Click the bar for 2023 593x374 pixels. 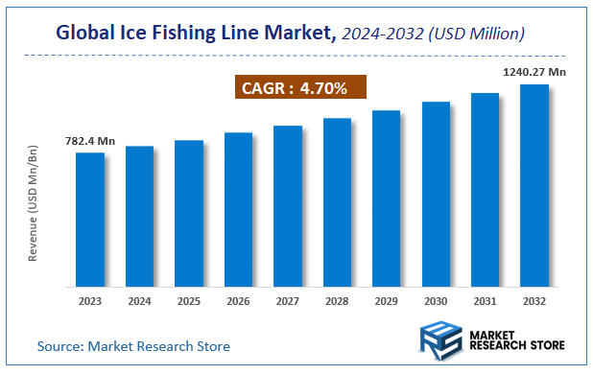[x=90, y=220]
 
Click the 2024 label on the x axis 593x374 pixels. [x=139, y=300]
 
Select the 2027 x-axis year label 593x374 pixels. [x=287, y=300]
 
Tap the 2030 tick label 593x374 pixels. [x=436, y=300]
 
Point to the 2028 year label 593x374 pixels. [x=337, y=300]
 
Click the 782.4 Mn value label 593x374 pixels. [x=90, y=141]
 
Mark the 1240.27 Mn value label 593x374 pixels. [x=534, y=71]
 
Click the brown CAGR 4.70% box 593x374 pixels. [x=300, y=89]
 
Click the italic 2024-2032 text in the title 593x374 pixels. [x=383, y=34]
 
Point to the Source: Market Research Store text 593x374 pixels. [x=133, y=345]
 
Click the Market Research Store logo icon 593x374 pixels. [x=442, y=340]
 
